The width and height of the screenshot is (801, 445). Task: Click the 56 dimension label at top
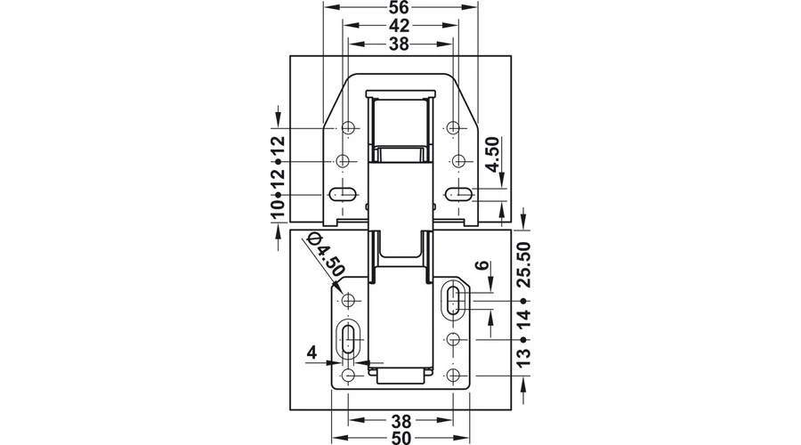pos(400,8)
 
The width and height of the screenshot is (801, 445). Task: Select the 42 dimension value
pos(400,26)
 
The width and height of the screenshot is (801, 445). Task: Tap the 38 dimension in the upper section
pos(400,44)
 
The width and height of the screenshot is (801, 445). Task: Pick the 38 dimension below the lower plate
pos(401,422)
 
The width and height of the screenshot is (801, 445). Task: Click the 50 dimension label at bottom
pos(401,438)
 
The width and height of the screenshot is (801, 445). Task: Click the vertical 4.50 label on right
pos(491,154)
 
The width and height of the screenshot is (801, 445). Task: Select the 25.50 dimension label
pos(523,264)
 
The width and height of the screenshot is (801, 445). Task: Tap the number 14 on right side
pos(523,319)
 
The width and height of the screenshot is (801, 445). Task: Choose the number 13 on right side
pos(523,358)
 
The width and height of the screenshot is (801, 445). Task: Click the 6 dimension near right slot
pos(481,266)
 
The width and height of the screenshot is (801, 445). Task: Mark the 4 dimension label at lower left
pos(311,352)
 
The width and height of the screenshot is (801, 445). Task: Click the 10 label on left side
pos(277,210)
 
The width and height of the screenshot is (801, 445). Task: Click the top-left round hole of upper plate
pos(348,127)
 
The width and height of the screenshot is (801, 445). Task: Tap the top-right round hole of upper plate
pos(453,127)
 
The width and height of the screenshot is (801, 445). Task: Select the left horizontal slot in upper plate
pos(342,194)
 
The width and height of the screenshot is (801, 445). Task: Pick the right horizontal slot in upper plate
pos(458,194)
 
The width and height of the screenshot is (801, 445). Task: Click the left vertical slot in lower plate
pos(350,339)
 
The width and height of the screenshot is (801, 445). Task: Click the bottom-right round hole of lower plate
pos(453,376)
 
